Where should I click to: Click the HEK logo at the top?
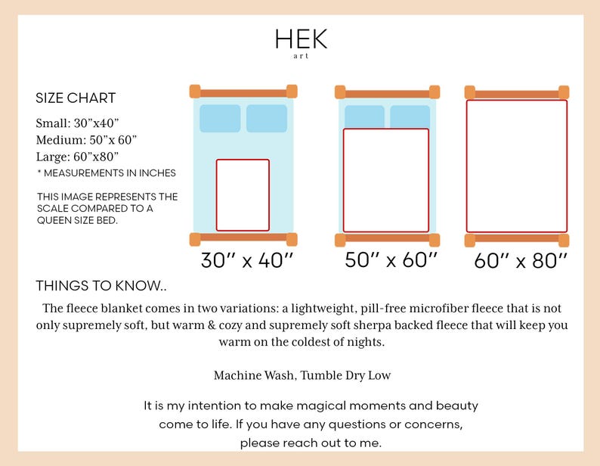click(x=302, y=43)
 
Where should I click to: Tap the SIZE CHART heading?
click(x=76, y=98)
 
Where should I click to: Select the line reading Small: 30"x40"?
click(x=77, y=123)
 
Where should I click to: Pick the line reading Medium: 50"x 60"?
click(x=86, y=140)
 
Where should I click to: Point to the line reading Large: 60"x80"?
click(x=77, y=157)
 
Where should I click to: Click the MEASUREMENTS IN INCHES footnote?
click(x=107, y=173)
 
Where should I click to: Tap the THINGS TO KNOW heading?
click(x=101, y=286)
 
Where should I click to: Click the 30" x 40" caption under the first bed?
click(x=247, y=260)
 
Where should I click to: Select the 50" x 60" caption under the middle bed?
click(x=391, y=259)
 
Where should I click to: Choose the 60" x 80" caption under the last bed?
click(x=521, y=260)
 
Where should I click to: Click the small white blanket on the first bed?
click(x=243, y=195)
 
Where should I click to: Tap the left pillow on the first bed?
click(x=220, y=119)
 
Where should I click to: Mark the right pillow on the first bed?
click(x=267, y=119)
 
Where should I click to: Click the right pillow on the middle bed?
click(x=410, y=117)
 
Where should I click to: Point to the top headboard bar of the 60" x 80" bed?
click(x=517, y=93)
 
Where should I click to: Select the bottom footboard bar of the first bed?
click(x=243, y=239)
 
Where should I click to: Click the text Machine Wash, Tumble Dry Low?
click(x=302, y=375)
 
